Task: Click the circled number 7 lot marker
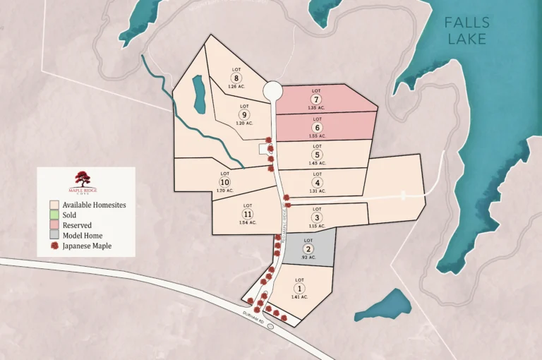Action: coord(317,100)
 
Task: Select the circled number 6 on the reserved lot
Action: coord(317,127)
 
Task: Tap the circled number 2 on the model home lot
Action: coord(308,250)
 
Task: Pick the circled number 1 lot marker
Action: coord(299,288)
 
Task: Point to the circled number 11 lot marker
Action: coord(247,214)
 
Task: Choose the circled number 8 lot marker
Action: coord(236,78)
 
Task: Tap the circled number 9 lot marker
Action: coord(244,114)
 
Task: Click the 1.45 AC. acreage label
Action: coord(318,163)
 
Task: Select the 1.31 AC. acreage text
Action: coord(318,191)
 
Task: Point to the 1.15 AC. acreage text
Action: coord(317,226)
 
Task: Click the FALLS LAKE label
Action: coord(466,30)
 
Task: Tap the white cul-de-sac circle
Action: coord(272,91)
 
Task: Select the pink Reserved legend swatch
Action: coord(54,225)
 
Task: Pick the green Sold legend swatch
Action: coord(54,215)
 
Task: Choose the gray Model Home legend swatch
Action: coord(54,235)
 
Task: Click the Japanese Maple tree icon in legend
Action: coord(54,246)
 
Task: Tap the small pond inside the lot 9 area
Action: coord(199,95)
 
